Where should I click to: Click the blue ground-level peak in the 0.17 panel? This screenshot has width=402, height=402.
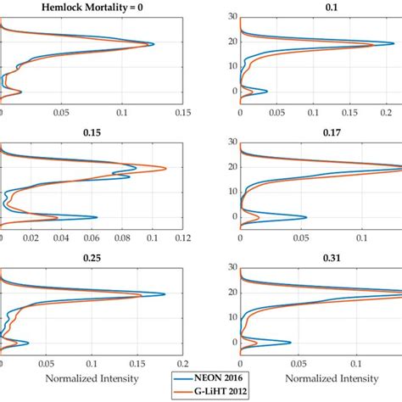click(x=306, y=217)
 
